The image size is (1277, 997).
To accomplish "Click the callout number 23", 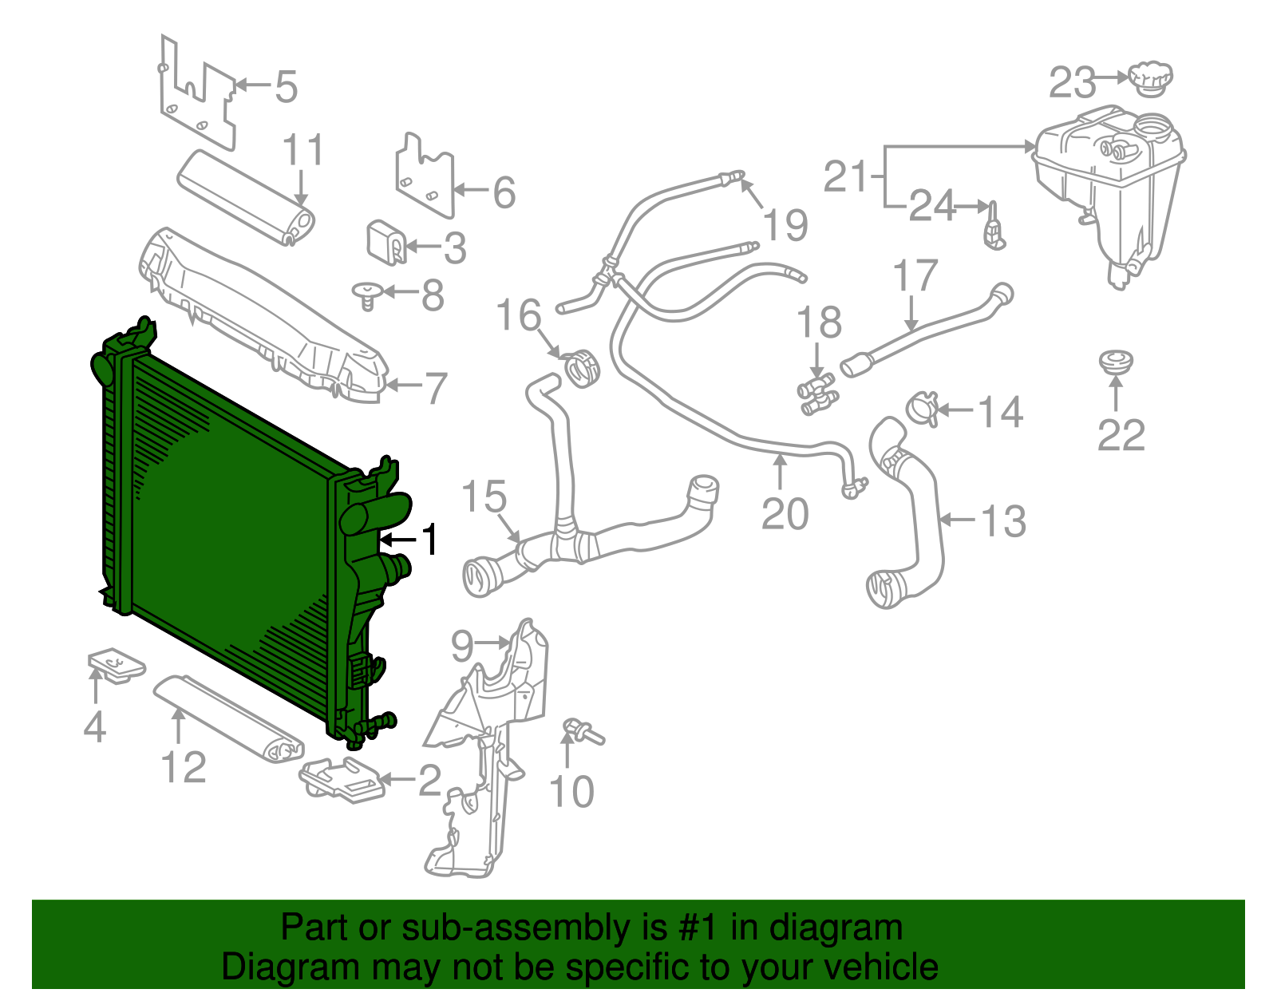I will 1072,83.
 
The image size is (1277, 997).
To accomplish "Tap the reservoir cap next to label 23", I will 1150,78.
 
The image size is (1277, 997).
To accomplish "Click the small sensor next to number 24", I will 994,227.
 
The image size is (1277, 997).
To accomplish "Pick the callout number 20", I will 785,513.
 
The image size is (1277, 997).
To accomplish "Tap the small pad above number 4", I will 116,665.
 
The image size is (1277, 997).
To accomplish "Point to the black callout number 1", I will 430,540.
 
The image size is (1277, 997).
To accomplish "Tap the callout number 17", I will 914,276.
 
